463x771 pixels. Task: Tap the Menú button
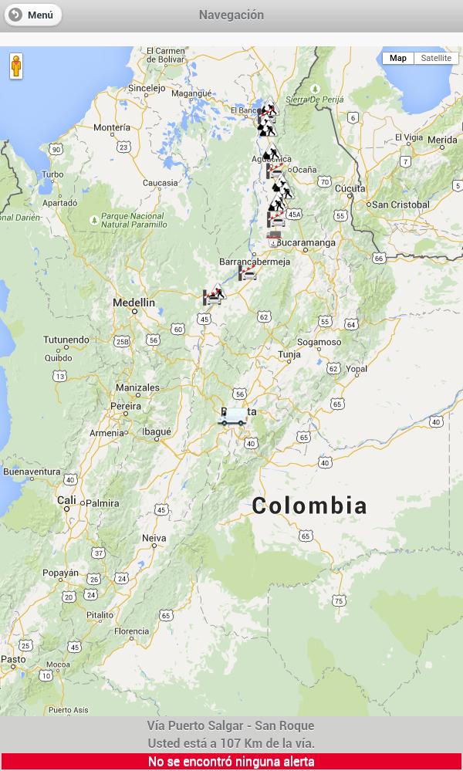coord(32,15)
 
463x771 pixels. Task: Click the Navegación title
coord(231,15)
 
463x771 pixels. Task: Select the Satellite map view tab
coord(436,58)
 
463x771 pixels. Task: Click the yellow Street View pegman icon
coord(16,66)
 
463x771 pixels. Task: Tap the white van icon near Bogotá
coord(232,417)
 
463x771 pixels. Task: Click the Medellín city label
coord(133,303)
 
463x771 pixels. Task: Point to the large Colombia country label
coord(309,506)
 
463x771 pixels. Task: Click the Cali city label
coord(66,500)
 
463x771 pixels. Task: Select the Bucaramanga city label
coord(306,242)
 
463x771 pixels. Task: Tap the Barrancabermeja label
coord(255,262)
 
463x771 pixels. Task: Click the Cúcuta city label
coord(350,188)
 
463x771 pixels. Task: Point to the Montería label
coord(111,127)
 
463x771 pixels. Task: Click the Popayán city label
coord(60,573)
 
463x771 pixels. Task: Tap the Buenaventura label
coord(32,471)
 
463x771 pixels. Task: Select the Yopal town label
coord(357,369)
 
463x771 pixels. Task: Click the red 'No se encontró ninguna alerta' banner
coord(231,762)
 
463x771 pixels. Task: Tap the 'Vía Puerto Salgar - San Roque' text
coord(231,725)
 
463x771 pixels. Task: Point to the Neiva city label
coord(154,538)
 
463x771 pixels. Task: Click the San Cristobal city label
coord(400,205)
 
